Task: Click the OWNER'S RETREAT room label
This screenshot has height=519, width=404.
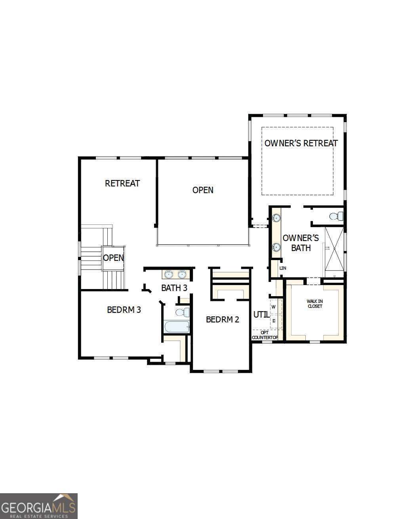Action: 301,143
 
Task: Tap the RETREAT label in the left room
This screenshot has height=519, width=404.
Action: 122,183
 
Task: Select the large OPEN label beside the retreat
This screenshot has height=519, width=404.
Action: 203,190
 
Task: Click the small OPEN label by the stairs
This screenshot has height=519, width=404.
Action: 113,258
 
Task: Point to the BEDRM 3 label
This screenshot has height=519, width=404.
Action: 124,310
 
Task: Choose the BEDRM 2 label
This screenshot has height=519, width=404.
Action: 222,319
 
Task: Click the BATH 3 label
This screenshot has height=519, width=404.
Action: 174,288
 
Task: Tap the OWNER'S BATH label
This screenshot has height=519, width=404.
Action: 301,243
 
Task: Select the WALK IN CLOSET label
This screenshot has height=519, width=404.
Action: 315,304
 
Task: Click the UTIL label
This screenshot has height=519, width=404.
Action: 261,314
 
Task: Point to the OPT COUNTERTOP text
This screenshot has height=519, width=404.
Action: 265,335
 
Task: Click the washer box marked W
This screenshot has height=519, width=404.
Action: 274,307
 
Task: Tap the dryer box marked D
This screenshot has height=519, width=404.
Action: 274,320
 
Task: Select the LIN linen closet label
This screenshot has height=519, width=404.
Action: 282,268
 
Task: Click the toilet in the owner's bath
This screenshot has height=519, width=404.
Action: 336,216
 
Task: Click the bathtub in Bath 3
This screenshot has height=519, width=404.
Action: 177,327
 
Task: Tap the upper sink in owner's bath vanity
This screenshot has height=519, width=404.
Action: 276,218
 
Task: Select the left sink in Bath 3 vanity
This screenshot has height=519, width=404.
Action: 169,274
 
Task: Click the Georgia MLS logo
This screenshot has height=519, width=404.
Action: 38,506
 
